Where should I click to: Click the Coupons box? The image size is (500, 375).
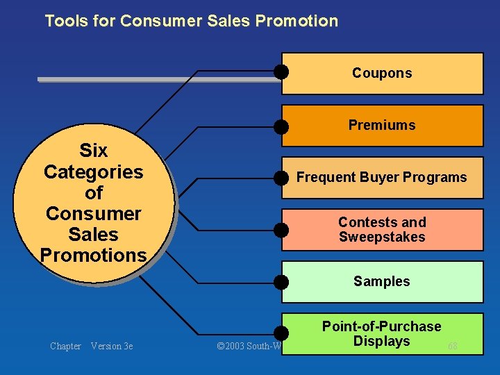(382, 73)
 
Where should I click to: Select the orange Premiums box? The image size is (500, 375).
(382, 126)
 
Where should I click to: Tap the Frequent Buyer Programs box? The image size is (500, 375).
(382, 178)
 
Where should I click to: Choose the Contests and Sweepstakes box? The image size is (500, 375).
(382, 229)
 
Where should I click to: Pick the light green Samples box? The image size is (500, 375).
(382, 281)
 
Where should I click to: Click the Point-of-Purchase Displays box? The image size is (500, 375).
(382, 333)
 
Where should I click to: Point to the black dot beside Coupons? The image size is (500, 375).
(281, 72)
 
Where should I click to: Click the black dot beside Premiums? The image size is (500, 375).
(281, 126)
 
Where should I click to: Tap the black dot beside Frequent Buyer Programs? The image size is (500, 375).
(281, 178)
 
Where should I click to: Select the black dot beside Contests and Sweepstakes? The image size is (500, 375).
(281, 230)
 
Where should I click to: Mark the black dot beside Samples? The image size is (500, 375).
(281, 282)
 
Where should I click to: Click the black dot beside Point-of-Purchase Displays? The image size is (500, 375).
(281, 334)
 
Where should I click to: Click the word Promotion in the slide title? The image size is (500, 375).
(297, 21)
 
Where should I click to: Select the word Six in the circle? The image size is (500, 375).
(94, 151)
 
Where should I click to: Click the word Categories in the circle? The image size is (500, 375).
(93, 172)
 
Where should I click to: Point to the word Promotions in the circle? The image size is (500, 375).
(93, 255)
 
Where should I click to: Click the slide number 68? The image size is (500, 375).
(453, 346)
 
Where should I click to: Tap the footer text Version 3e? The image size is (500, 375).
(112, 346)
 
